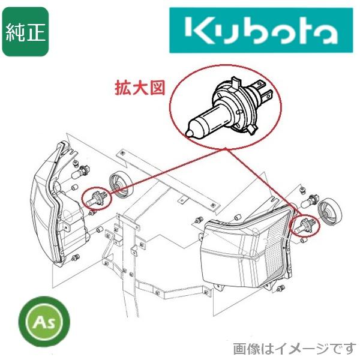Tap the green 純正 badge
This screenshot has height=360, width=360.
pos(25,31)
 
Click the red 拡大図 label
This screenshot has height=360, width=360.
pos(139,88)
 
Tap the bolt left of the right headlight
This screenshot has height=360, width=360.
pos(199,221)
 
